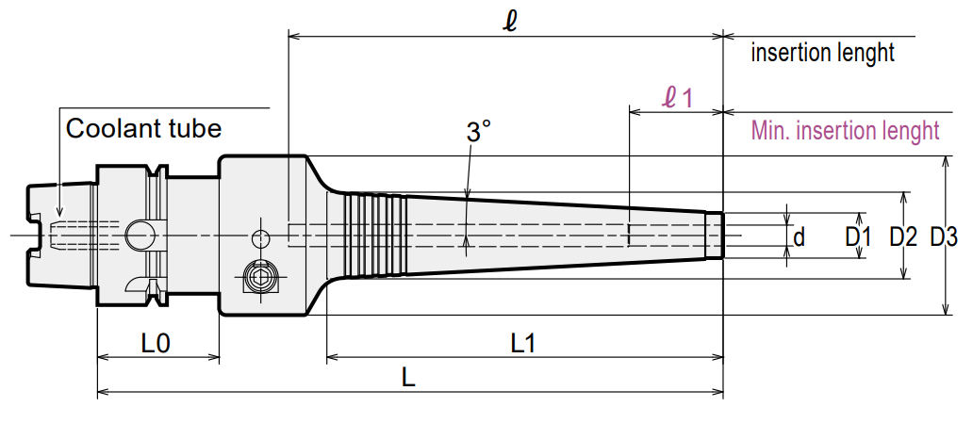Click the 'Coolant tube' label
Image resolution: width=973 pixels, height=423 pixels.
pyautogui.click(x=143, y=128)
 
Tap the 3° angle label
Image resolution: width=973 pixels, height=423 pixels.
pyautogui.click(x=478, y=132)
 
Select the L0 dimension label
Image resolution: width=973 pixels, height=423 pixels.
pyautogui.click(x=156, y=343)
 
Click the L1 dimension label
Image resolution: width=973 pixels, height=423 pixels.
pyautogui.click(x=522, y=343)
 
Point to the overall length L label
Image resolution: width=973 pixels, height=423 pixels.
pyautogui.click(x=407, y=378)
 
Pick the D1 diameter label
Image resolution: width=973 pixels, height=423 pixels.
pyautogui.click(x=859, y=236)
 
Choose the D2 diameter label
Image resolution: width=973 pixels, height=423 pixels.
pyautogui.click(x=903, y=236)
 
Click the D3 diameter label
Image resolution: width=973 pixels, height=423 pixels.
pyautogui.click(x=943, y=236)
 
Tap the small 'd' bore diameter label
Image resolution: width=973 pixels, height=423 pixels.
pyautogui.click(x=800, y=236)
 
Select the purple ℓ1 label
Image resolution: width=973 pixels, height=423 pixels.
pyautogui.click(x=677, y=98)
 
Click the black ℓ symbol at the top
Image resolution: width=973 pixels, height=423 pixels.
pyautogui.click(x=511, y=21)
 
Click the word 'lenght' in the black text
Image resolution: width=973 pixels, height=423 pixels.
pyautogui.click(x=865, y=54)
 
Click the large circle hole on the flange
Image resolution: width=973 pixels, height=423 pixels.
pyautogui.click(x=140, y=236)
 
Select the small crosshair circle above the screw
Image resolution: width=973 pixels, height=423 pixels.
pyautogui.click(x=260, y=236)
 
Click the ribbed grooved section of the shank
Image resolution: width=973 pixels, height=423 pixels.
pyautogui.click(x=376, y=236)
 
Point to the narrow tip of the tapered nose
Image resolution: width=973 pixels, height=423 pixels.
pyautogui.click(x=715, y=236)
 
